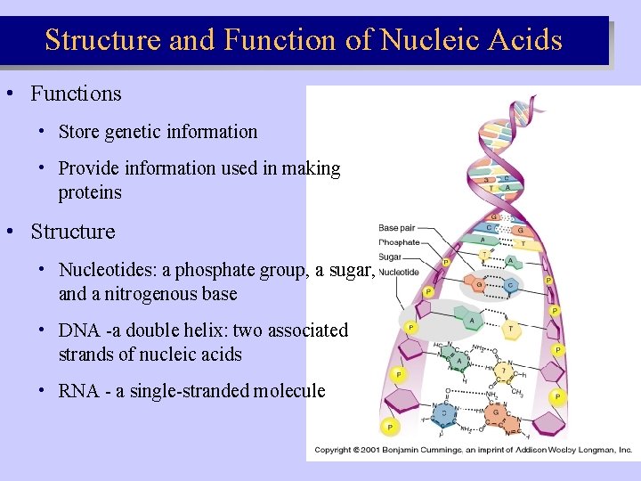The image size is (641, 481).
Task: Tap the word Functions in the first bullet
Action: pos(76,94)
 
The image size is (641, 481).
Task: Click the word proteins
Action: pos(90,192)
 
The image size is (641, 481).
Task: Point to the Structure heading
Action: pos(73,232)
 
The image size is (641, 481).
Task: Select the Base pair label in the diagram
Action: pos(397,228)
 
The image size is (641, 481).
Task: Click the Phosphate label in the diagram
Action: pos(399,242)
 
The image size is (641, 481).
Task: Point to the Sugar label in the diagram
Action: pos(390,257)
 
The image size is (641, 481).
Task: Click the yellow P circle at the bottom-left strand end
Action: pos(389,427)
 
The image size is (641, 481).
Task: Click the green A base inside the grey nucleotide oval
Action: pos(469,318)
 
